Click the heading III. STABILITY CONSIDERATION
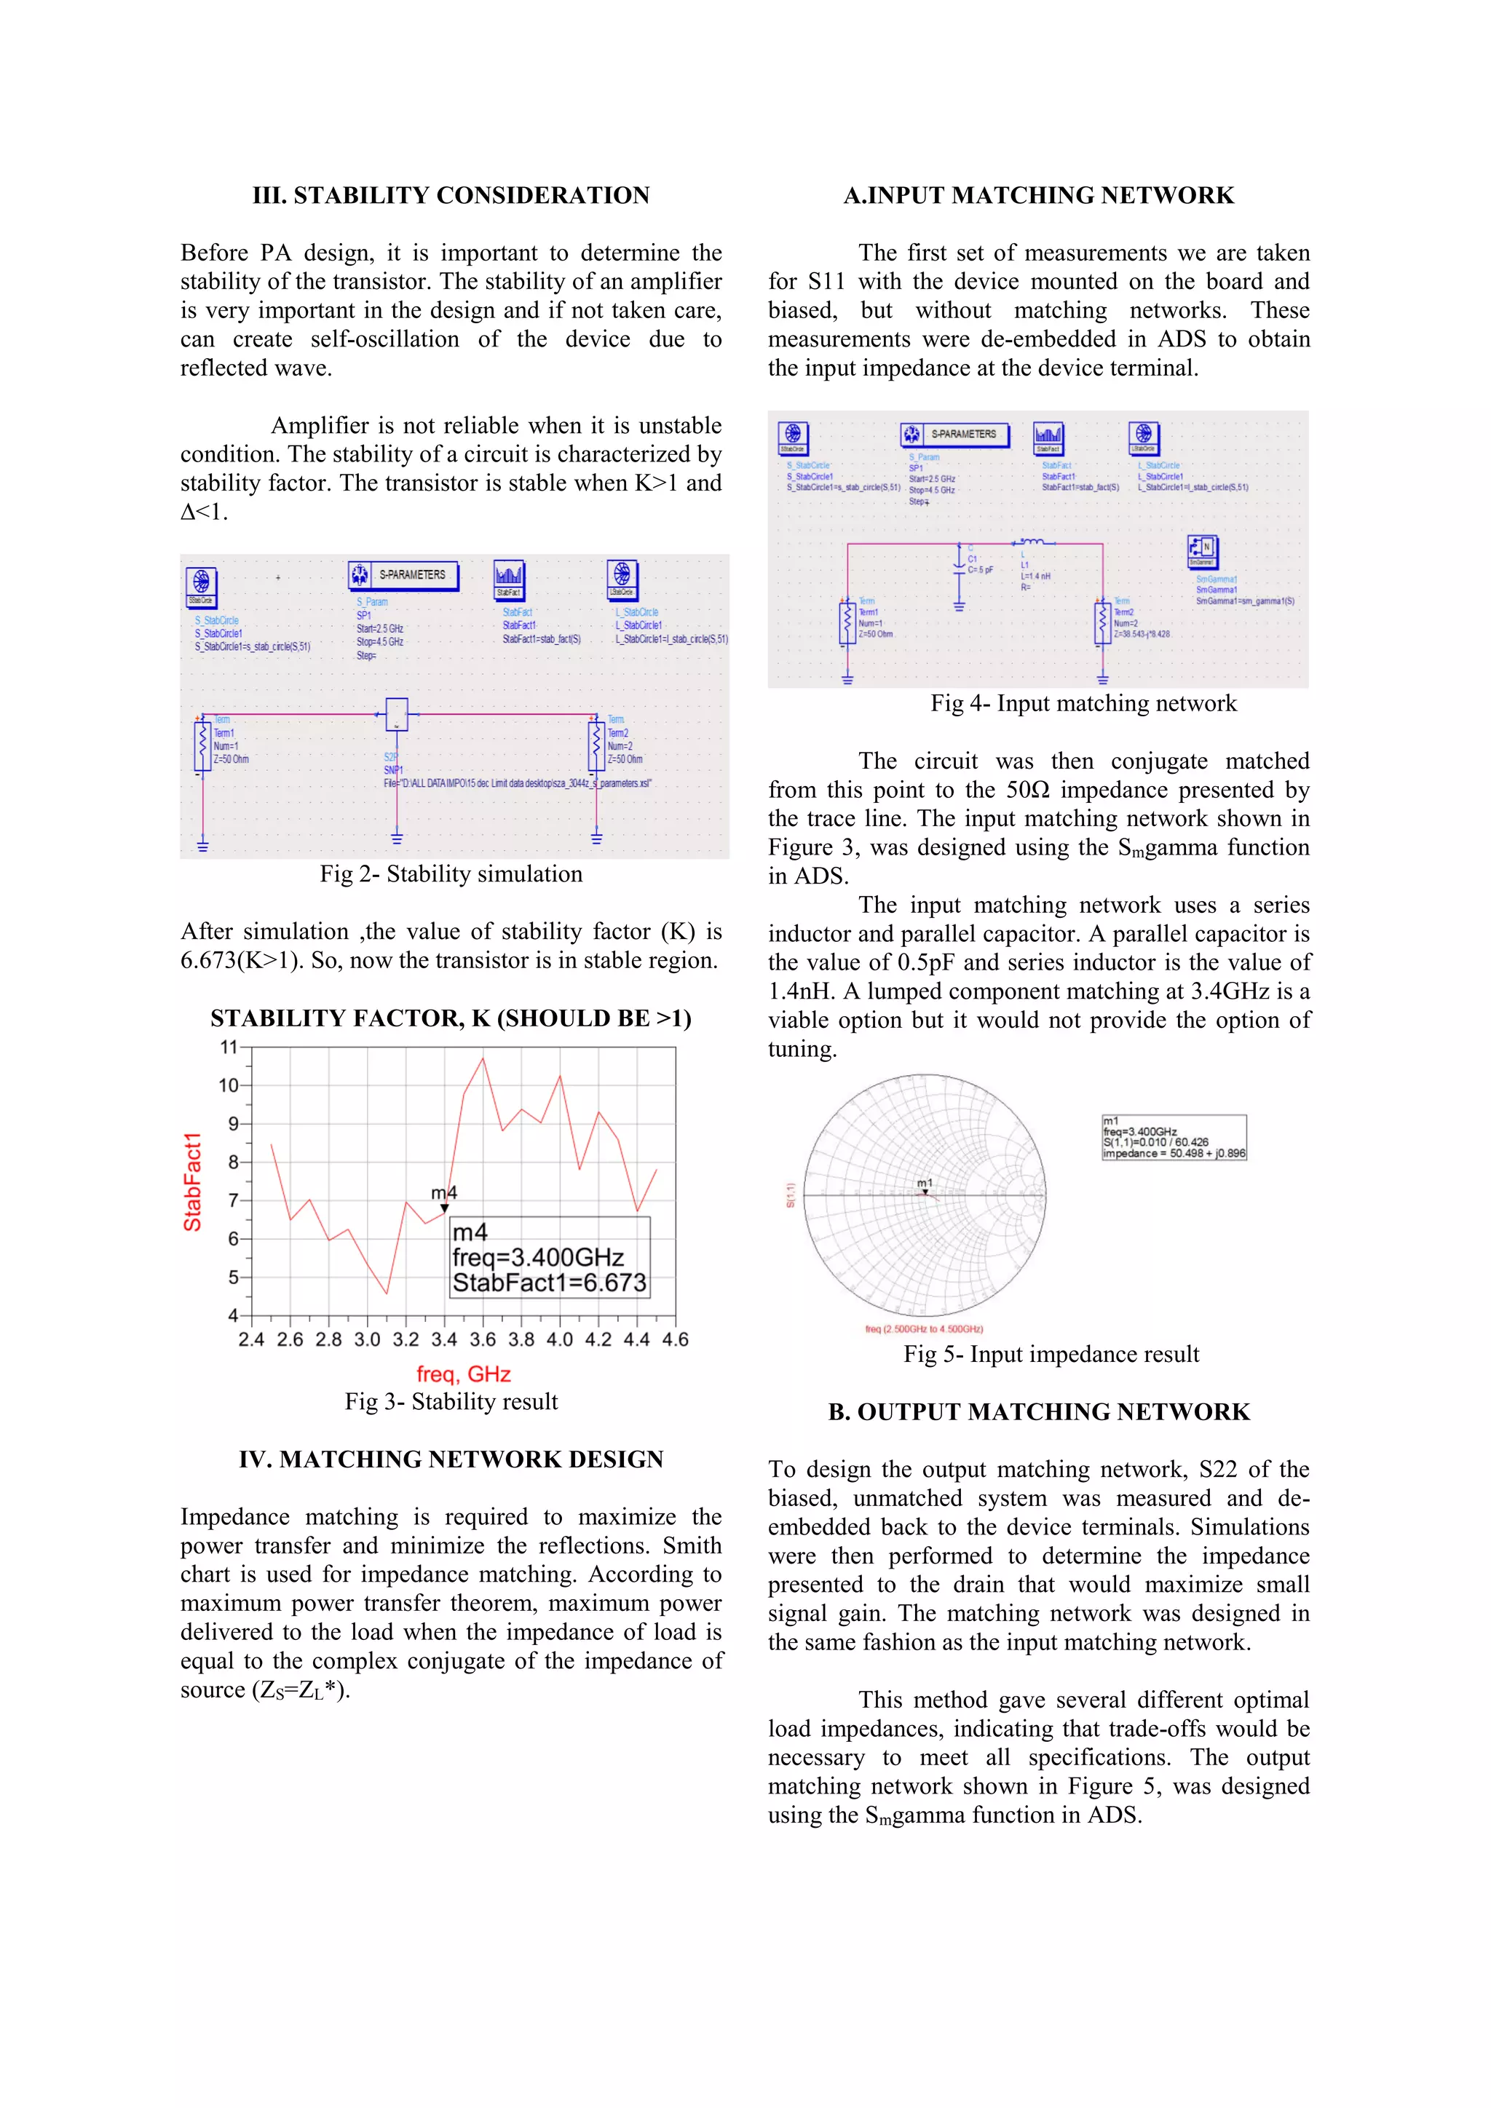tap(451, 196)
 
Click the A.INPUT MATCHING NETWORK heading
tap(1038, 196)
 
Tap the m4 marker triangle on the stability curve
tap(444, 1208)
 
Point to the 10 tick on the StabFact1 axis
tap(229, 1085)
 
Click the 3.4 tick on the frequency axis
tap(443, 1339)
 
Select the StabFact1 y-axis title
tap(192, 1181)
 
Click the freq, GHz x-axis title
tap(463, 1374)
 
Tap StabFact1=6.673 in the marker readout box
tap(549, 1283)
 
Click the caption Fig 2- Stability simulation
tap(451, 874)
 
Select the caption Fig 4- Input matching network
tap(1083, 703)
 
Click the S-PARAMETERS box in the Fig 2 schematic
tap(403, 576)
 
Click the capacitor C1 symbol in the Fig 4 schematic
tap(959, 559)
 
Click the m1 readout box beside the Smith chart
tap(1174, 1138)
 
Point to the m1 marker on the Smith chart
tap(925, 1192)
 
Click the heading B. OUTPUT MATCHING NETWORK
tap(1038, 1412)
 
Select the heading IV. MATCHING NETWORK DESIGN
tap(451, 1460)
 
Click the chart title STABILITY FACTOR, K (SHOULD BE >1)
tap(451, 1018)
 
